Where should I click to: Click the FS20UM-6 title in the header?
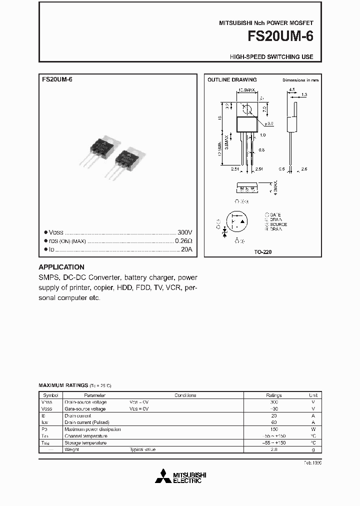(x=284, y=36)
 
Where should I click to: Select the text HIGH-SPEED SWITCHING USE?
(x=271, y=57)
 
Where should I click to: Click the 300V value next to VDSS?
(x=184, y=232)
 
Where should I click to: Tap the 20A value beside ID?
(x=186, y=249)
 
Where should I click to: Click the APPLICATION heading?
(x=61, y=267)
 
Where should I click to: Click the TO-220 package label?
(x=263, y=252)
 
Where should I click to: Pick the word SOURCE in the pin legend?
(x=278, y=224)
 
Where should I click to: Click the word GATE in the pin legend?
(x=275, y=214)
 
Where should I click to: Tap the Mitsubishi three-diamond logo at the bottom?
(x=162, y=476)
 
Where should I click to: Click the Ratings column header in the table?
(x=273, y=395)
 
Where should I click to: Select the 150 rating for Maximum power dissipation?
(x=273, y=429)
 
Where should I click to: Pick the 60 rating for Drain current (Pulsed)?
(x=273, y=422)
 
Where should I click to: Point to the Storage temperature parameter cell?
(x=85, y=443)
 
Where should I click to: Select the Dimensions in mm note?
(x=300, y=80)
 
